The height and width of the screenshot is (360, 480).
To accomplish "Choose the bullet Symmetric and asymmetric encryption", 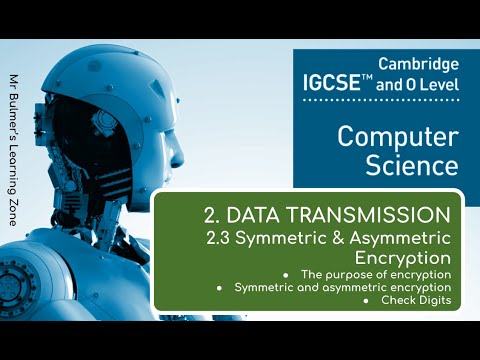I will pyautogui.click(x=342, y=287).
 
